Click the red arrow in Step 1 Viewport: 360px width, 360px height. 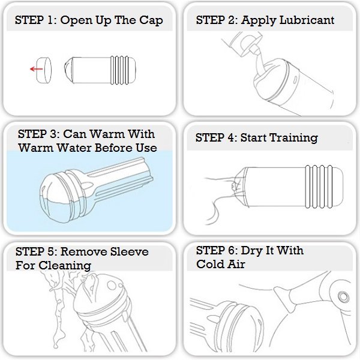[x=36, y=69]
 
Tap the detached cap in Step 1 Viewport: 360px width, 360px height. [x=44, y=70]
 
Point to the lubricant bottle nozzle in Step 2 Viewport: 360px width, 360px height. [x=254, y=47]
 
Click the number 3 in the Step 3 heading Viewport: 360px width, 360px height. [x=53, y=134]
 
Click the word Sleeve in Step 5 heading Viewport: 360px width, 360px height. [x=129, y=251]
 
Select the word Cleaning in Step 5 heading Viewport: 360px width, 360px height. [x=65, y=266]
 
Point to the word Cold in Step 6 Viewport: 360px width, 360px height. [x=209, y=264]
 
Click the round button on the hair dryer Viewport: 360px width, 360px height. [x=343, y=296]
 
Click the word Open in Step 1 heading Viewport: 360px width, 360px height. [x=76, y=20]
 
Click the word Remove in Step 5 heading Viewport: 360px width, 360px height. [x=83, y=251]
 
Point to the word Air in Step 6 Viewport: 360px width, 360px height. [x=236, y=264]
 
